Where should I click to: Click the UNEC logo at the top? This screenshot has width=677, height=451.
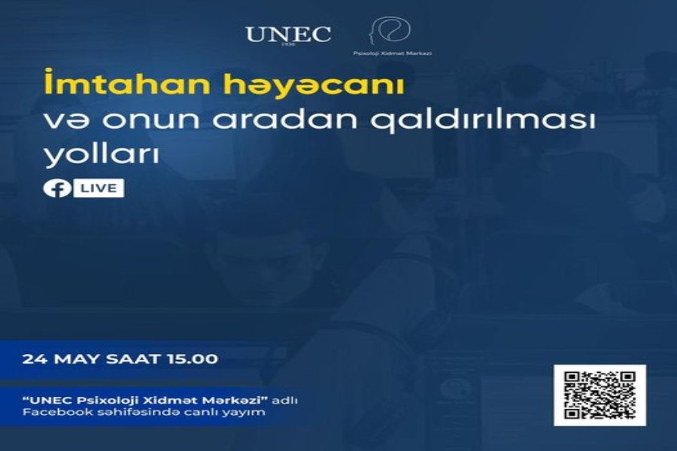point(288,35)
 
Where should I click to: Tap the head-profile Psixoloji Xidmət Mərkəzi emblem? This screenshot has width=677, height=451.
point(390,31)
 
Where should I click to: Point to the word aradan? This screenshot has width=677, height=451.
point(285,120)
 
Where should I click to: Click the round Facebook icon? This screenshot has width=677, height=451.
point(57,189)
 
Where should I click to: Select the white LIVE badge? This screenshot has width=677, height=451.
point(99,188)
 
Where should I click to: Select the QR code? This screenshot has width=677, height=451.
point(600,395)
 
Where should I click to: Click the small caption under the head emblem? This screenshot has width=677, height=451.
point(393,53)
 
